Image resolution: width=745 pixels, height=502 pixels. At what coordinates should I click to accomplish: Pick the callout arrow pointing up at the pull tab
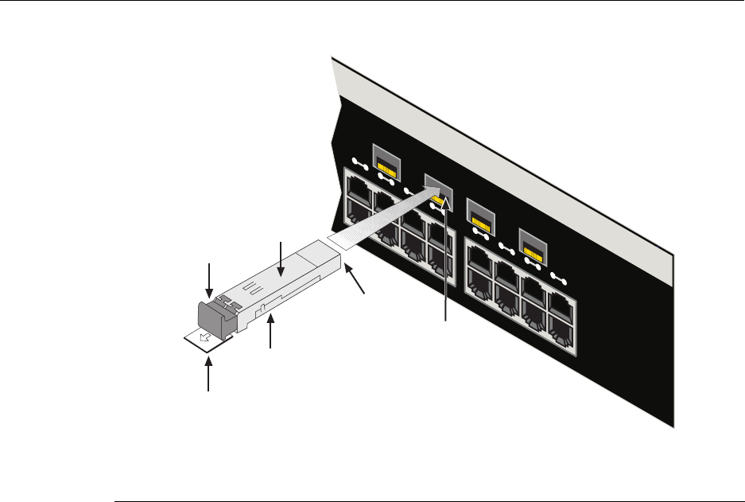coord(210,374)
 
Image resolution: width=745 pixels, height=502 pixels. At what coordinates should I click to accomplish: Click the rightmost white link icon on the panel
coord(560,278)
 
